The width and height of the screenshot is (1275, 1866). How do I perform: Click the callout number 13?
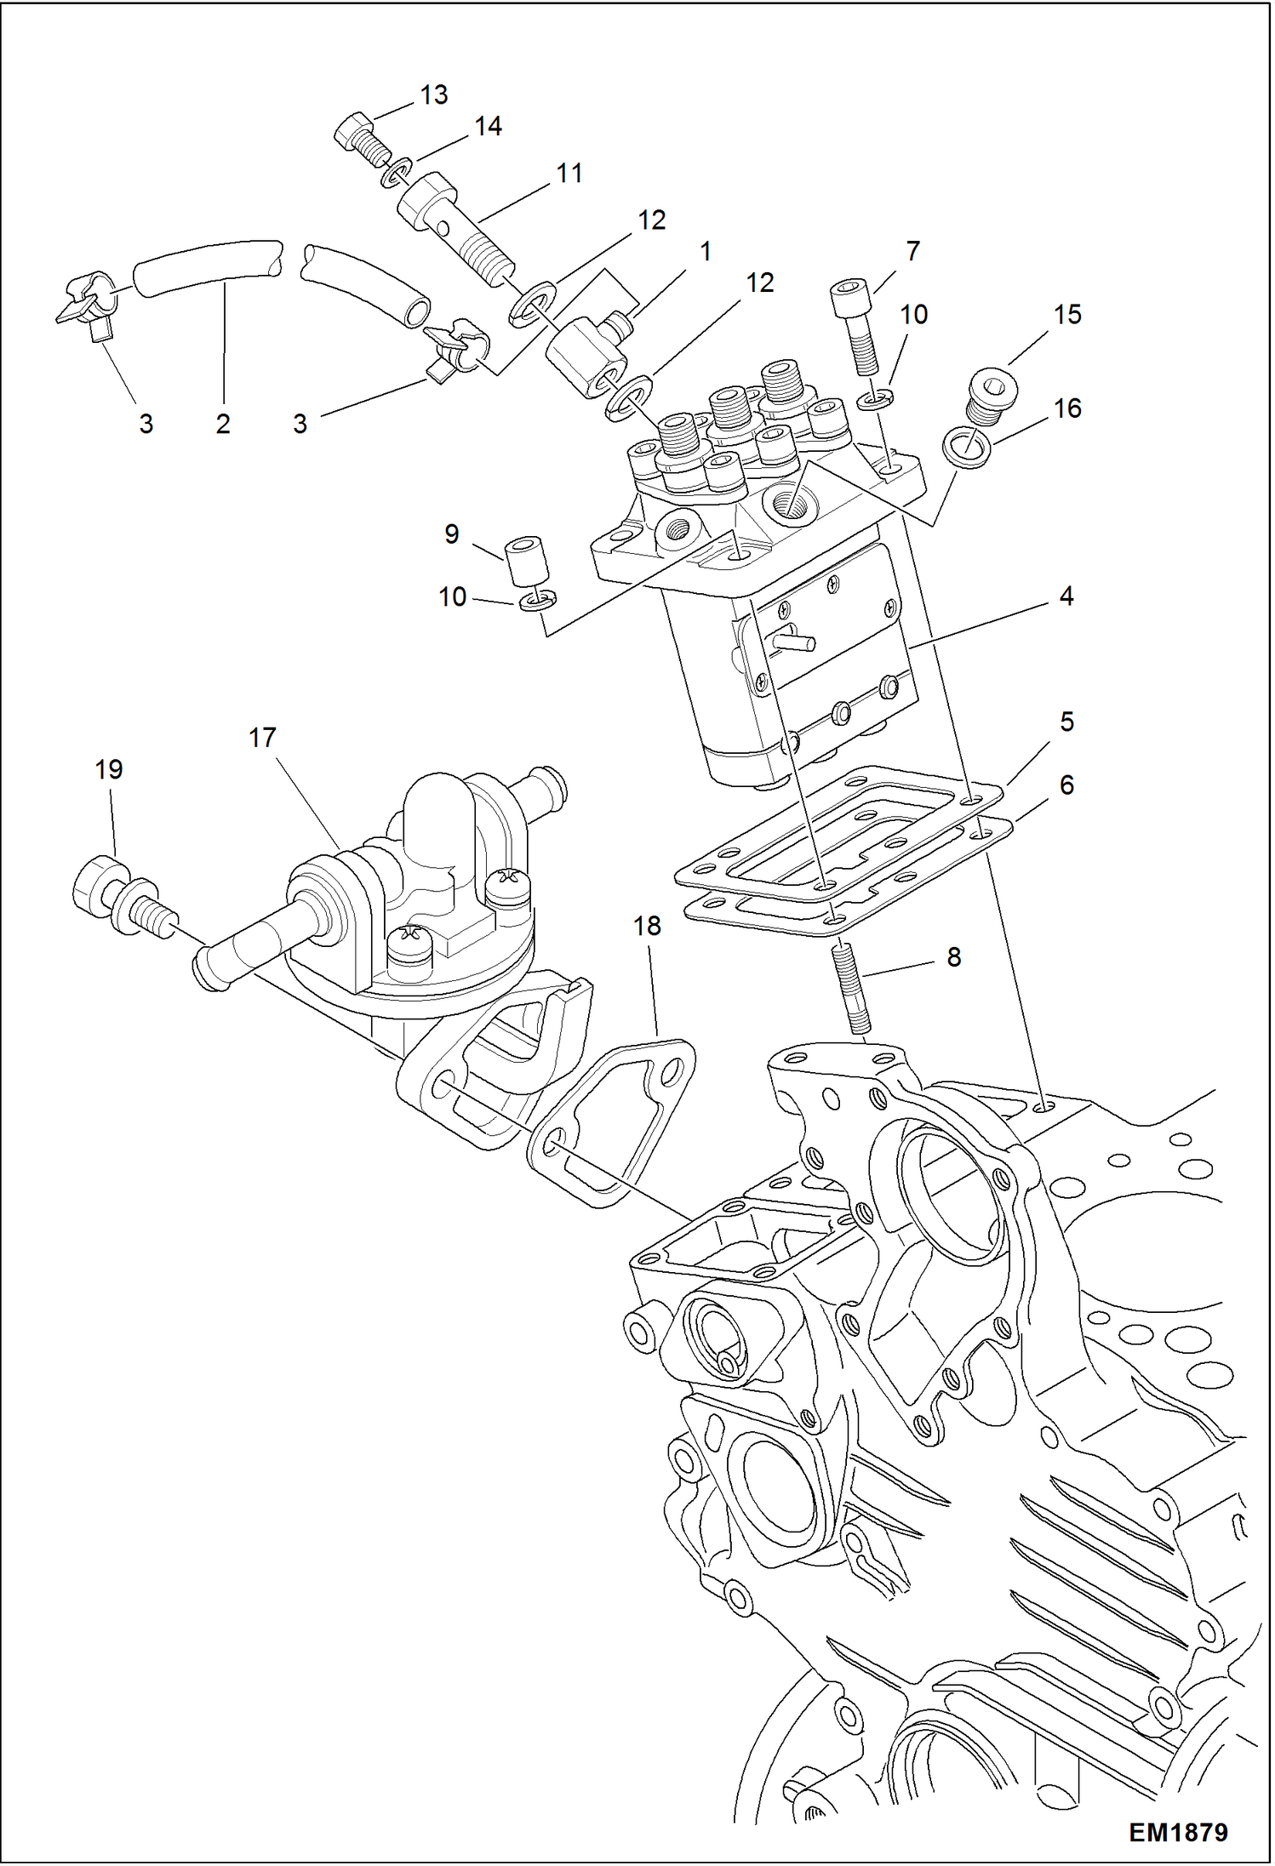433,94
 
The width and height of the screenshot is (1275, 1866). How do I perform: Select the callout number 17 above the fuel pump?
262,737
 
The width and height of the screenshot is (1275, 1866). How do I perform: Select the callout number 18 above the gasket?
647,925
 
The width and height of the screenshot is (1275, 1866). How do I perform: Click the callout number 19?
109,769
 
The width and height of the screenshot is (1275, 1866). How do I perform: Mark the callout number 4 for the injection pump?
1066,596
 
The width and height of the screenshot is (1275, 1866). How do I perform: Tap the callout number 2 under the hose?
223,423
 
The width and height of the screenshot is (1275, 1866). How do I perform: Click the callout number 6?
1066,785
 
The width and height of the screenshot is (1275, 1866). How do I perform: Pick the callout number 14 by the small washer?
488,127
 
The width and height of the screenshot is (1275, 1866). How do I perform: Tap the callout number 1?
705,251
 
